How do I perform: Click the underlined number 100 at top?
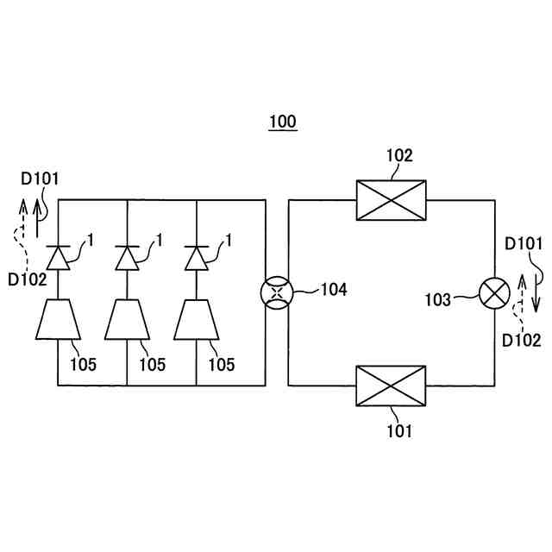click(x=283, y=122)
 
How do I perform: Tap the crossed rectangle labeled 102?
click(x=391, y=200)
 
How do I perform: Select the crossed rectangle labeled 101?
click(x=391, y=386)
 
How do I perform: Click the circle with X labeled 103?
click(x=494, y=293)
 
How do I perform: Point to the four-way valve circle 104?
click(x=277, y=293)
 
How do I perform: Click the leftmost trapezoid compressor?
click(x=58, y=320)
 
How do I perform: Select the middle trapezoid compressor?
click(x=127, y=320)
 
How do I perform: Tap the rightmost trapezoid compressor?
click(x=197, y=320)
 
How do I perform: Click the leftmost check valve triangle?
click(x=58, y=258)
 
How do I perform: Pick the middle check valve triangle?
click(x=127, y=258)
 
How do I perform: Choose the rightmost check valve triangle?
click(x=197, y=258)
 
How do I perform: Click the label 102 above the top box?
click(x=399, y=155)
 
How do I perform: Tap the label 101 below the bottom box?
click(x=399, y=431)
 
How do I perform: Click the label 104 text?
click(x=334, y=290)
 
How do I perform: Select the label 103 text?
click(x=438, y=300)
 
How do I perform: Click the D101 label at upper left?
click(x=40, y=179)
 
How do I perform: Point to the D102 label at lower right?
click(x=521, y=341)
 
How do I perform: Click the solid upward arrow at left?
click(x=37, y=218)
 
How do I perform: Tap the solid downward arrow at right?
click(x=536, y=293)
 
